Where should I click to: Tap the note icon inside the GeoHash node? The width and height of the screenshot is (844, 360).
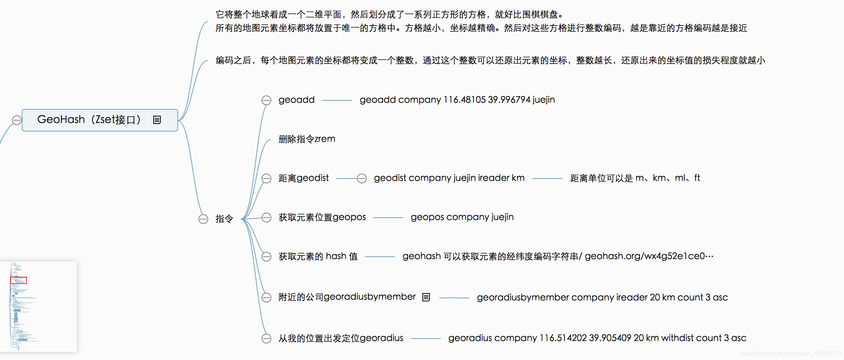(157, 120)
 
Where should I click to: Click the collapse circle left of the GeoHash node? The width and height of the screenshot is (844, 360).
(17, 120)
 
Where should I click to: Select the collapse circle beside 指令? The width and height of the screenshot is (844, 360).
(203, 219)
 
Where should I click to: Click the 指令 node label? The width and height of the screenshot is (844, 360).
(224, 219)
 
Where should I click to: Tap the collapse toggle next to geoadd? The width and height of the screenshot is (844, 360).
(266, 100)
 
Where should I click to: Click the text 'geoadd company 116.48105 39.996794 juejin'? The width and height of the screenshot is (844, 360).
(457, 100)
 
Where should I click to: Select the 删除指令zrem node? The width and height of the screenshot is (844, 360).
(307, 139)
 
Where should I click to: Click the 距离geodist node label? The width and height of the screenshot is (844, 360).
(304, 178)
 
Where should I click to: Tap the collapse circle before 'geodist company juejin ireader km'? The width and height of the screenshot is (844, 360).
(362, 178)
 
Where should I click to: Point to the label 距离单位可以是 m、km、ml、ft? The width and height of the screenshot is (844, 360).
(635, 178)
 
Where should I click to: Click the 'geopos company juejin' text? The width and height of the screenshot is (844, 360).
(462, 217)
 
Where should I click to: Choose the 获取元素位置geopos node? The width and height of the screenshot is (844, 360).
(322, 217)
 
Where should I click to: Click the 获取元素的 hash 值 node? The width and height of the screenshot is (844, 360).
(318, 256)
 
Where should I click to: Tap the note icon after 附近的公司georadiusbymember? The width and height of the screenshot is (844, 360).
(426, 297)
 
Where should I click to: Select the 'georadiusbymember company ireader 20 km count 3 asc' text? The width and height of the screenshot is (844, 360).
(602, 297)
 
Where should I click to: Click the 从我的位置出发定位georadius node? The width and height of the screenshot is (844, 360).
(340, 338)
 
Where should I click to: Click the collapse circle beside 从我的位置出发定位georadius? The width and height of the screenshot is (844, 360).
(266, 339)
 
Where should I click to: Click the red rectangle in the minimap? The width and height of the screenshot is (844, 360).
(18, 280)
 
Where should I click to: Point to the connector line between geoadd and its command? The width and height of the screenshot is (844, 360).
(337, 100)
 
